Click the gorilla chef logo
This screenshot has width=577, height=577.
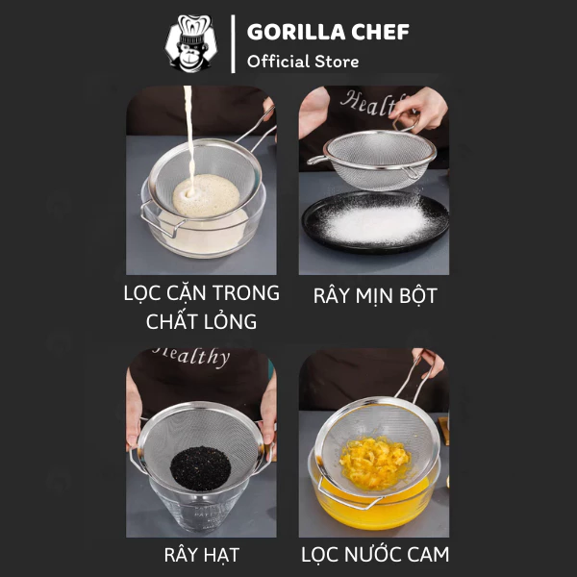tap(191, 43)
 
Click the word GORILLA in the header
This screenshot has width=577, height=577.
tap(296, 32)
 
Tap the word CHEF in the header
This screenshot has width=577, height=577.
tap(380, 32)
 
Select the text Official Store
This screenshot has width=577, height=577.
tap(303, 62)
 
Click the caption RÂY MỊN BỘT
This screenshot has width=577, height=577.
tap(375, 295)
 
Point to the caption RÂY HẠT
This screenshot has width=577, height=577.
tap(202, 555)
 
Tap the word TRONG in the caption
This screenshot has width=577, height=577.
tap(245, 293)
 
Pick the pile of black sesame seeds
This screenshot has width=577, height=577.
tap(200, 469)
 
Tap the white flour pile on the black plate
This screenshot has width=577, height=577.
tap(377, 223)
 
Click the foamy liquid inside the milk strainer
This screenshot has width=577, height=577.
tap(206, 195)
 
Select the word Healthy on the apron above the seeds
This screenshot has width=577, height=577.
tap(191, 356)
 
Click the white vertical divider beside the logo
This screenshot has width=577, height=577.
tap(233, 44)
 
